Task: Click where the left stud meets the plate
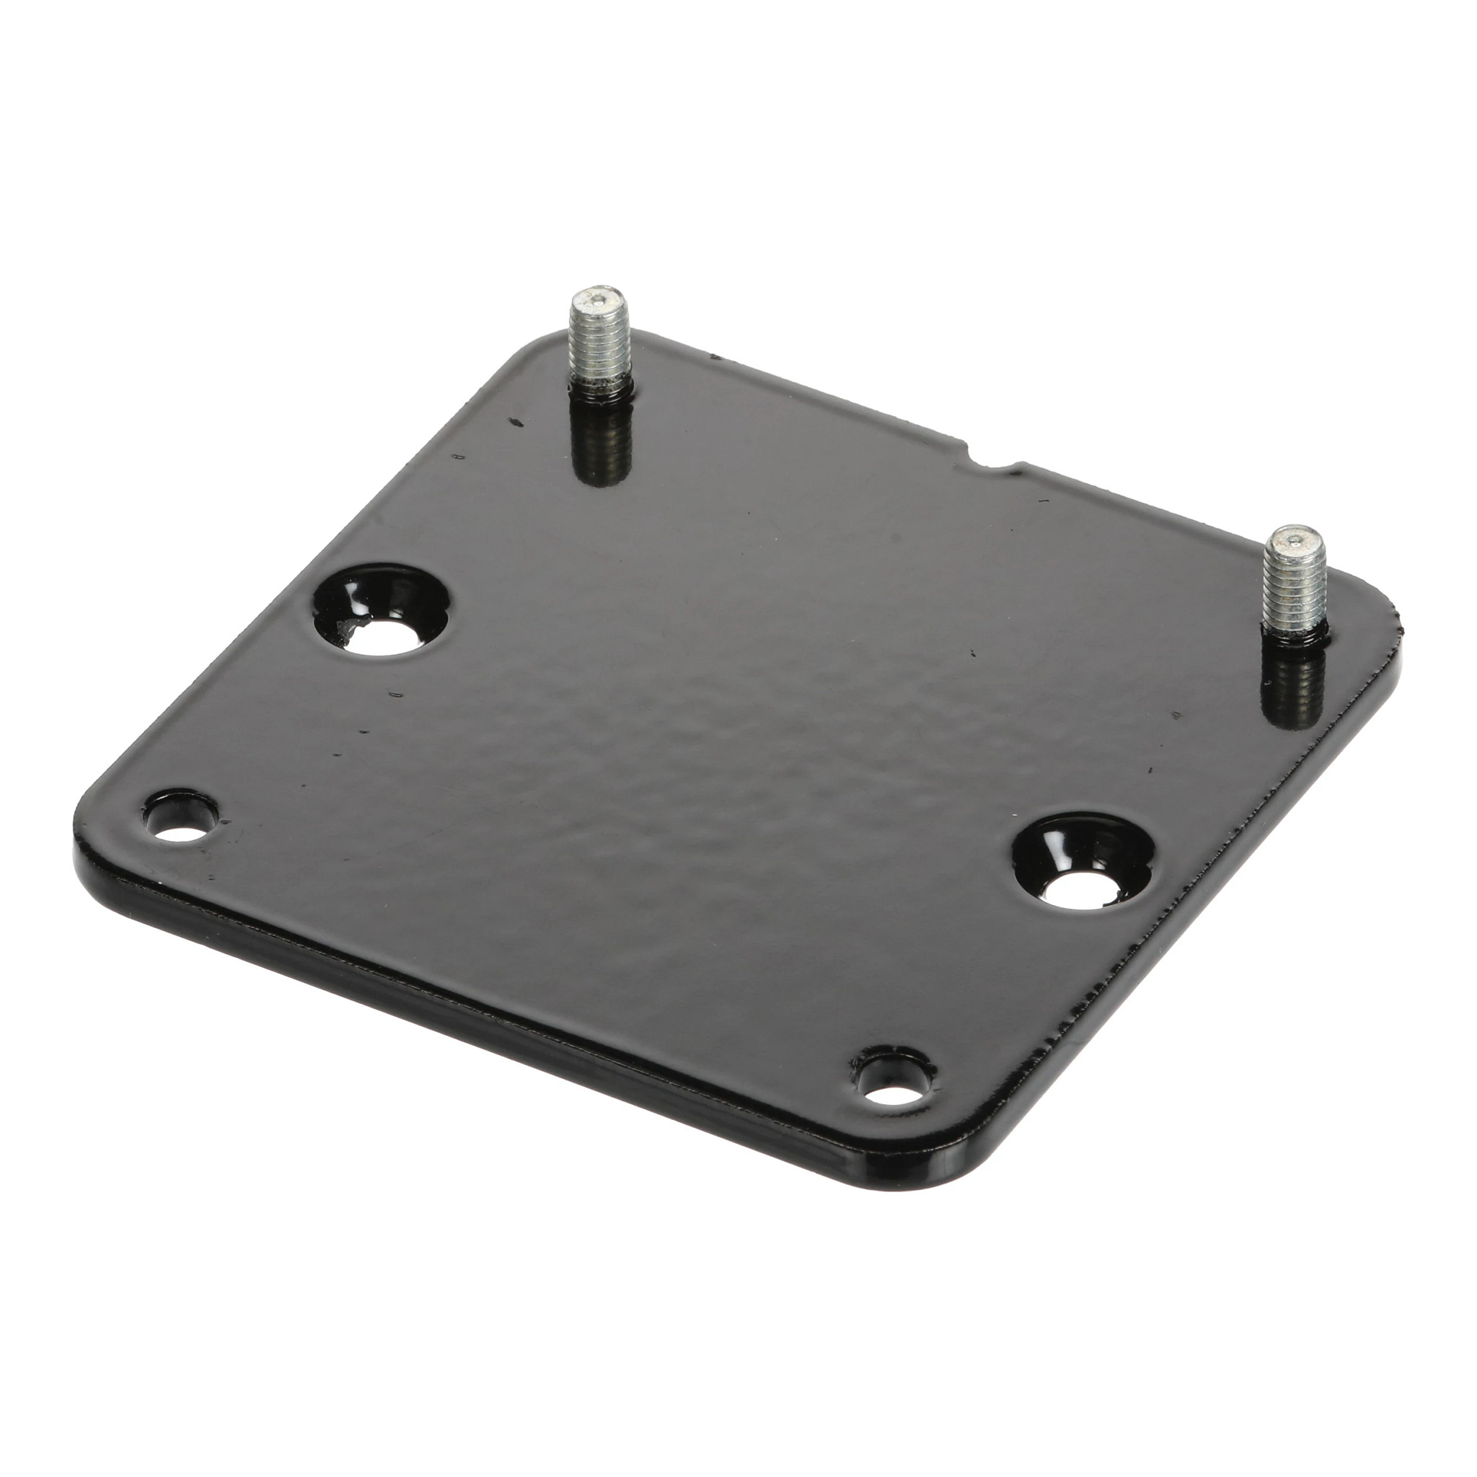coord(602,394)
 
